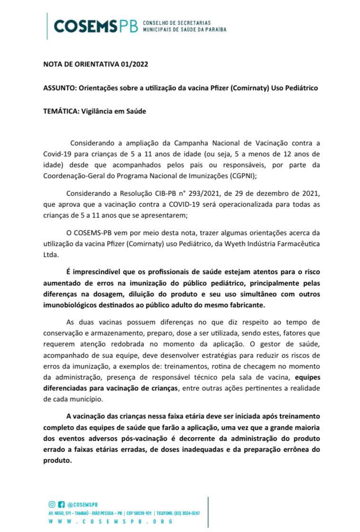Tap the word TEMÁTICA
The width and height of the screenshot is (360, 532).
coord(59,112)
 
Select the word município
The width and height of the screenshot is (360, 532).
coord(85,399)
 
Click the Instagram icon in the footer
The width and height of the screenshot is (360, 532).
coord(52,504)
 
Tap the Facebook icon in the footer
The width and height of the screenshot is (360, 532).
coord(61,504)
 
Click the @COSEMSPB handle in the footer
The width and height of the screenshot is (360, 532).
coord(83,504)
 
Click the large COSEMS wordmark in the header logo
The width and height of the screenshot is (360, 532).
coord(85,26)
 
